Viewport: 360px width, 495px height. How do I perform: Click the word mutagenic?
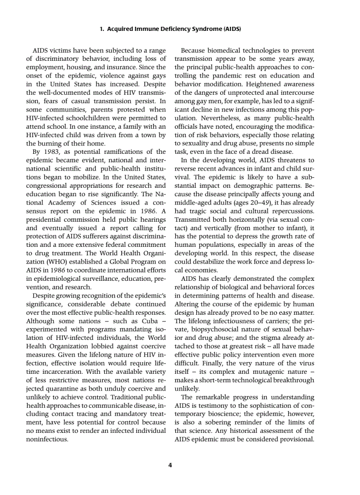pos(269,372)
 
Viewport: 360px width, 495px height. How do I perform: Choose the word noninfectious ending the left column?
pos(47,439)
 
